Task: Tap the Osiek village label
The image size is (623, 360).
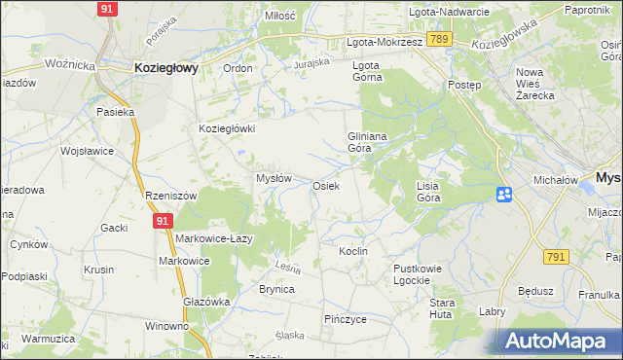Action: [x=325, y=185]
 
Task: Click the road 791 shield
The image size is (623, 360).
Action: [x=557, y=256]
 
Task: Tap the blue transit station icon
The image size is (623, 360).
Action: [x=504, y=195]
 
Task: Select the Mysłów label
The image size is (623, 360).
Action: [x=274, y=178]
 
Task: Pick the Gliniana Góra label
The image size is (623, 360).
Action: [x=368, y=143]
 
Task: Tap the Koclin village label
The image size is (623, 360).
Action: [x=352, y=251]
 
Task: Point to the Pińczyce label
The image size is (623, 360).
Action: [x=345, y=318]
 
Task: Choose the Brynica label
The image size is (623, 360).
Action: [x=275, y=289]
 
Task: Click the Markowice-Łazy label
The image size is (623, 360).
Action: [x=215, y=238]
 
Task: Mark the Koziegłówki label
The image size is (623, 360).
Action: [x=227, y=128]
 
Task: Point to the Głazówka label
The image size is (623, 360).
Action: [x=206, y=302]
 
